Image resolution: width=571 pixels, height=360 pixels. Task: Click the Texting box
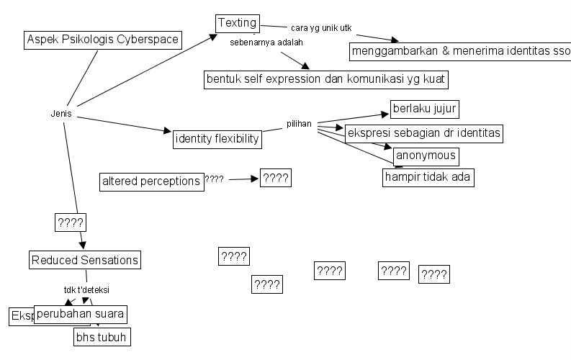pyautogui.click(x=238, y=24)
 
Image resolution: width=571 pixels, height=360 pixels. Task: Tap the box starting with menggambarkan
pyautogui.click(x=459, y=52)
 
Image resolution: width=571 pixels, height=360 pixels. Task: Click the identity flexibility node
pyautogui.click(x=217, y=139)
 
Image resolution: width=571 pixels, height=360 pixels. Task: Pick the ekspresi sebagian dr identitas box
pyautogui.click(x=423, y=134)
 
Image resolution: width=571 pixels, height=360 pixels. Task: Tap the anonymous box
pyautogui.click(x=426, y=156)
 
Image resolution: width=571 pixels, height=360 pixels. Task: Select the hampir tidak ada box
pyautogui.click(x=428, y=177)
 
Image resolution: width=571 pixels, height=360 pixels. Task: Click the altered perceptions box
pyautogui.click(x=152, y=181)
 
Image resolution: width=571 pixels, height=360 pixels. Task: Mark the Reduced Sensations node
pyautogui.click(x=85, y=259)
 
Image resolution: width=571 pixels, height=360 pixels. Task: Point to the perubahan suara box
pyautogui.click(x=81, y=314)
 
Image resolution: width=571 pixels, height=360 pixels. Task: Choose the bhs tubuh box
pyautogui.click(x=103, y=336)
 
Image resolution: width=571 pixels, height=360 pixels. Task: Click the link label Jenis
pyautogui.click(x=62, y=114)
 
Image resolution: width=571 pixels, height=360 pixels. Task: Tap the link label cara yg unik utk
pyautogui.click(x=321, y=28)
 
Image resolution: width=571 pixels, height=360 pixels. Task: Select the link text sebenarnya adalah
pyautogui.click(x=266, y=42)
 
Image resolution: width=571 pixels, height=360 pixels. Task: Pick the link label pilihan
pyautogui.click(x=299, y=124)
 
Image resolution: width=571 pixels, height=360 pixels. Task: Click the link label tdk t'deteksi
pyautogui.click(x=86, y=290)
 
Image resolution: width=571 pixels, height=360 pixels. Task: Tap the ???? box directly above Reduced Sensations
pyautogui.click(x=71, y=222)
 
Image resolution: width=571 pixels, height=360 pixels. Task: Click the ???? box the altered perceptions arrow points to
pyautogui.click(x=276, y=179)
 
